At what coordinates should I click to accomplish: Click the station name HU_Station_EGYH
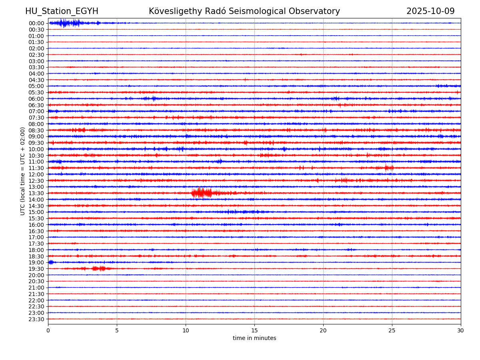(62, 11)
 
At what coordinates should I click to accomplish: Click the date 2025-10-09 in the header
(430, 11)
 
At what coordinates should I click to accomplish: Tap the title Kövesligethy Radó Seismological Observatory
(244, 11)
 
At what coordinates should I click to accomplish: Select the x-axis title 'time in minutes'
(254, 338)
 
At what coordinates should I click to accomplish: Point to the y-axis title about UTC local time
(23, 171)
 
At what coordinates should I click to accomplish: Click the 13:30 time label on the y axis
(36, 193)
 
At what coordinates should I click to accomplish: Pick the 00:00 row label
(36, 23)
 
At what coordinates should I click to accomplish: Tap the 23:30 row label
(36, 319)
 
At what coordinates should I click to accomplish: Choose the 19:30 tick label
(36, 269)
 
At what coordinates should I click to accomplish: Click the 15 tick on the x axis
(254, 330)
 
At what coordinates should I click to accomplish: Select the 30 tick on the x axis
(461, 330)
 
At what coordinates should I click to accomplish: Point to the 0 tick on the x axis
(48, 330)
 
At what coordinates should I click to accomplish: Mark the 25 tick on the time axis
(392, 330)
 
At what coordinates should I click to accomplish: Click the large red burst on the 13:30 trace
(202, 193)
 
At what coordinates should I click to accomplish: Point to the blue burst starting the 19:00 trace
(51, 262)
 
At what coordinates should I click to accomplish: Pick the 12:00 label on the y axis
(36, 174)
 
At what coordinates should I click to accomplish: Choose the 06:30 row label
(36, 105)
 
